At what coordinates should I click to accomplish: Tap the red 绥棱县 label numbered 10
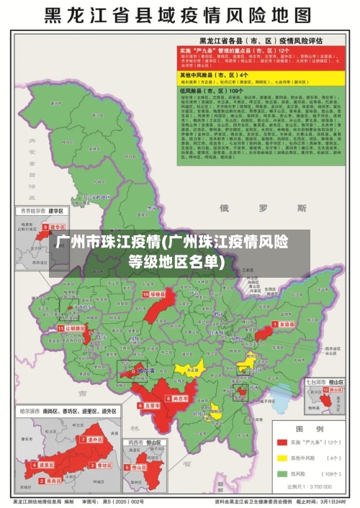[x=157, y=294]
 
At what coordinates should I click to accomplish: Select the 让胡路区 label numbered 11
[x=73, y=327]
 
